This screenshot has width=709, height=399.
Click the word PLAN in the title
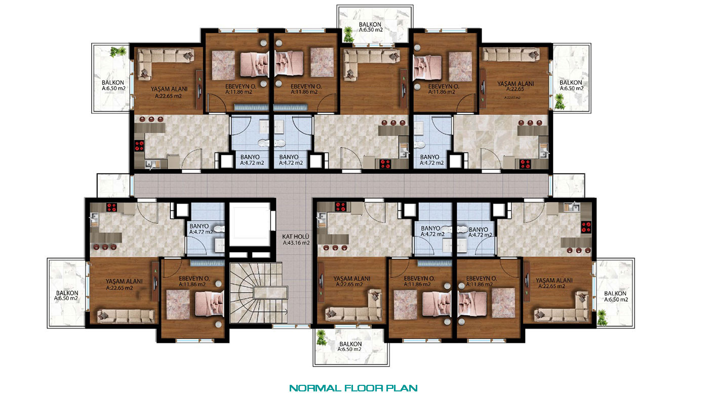[402, 388]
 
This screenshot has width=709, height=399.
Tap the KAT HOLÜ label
[295, 236]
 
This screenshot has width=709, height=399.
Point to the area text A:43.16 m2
[296, 243]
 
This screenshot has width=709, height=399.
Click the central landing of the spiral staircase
[270, 293]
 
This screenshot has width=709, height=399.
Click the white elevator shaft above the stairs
[250, 225]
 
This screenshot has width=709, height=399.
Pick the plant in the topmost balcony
[348, 34]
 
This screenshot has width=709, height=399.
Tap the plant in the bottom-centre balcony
[321, 337]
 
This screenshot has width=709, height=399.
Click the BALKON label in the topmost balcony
[370, 24]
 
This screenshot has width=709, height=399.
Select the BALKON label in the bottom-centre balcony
[350, 344]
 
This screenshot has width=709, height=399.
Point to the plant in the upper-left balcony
[118, 52]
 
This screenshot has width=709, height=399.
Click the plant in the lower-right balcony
[602, 317]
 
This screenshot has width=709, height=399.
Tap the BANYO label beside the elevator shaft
[199, 226]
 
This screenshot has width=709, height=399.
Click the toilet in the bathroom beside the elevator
[219, 228]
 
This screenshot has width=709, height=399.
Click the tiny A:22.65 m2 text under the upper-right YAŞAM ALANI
[512, 98]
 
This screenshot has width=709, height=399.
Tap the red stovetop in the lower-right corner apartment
[586, 227]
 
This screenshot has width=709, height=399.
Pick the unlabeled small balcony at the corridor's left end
[113, 185]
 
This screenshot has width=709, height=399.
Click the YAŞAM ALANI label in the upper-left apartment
[169, 89]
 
